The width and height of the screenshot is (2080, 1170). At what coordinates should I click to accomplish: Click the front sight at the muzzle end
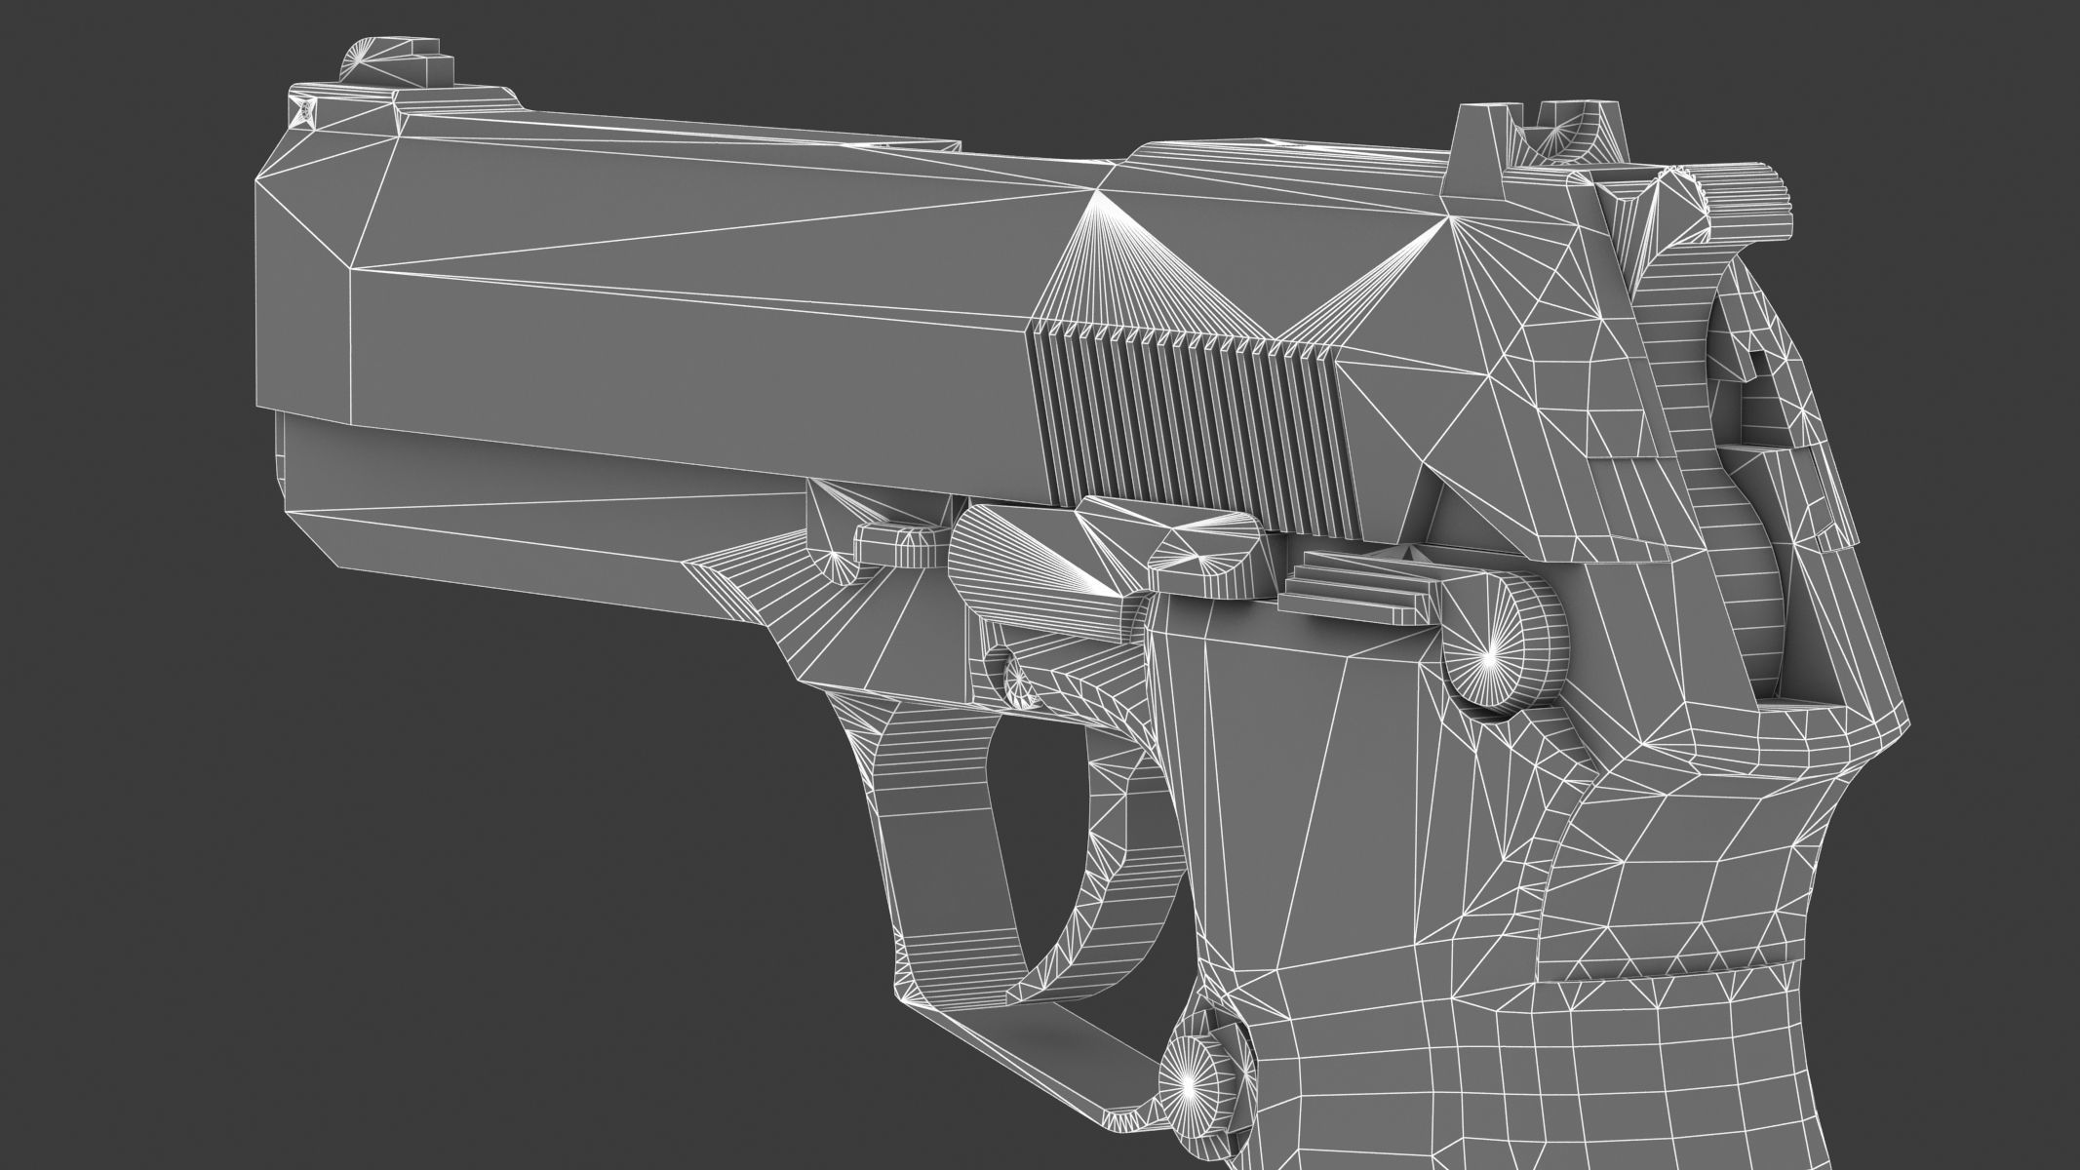click(x=390, y=61)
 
